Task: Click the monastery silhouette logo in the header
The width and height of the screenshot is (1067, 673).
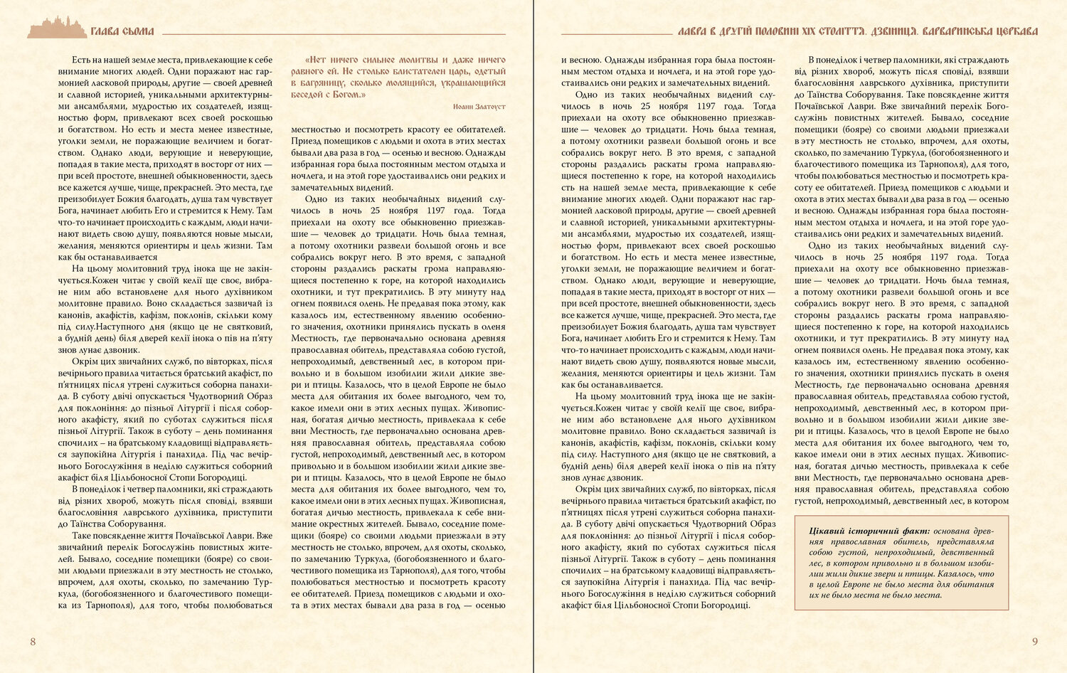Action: click(x=56, y=28)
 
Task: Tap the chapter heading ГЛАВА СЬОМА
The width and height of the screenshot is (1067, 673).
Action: click(x=122, y=32)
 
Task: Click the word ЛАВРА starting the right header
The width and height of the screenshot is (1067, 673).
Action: click(x=693, y=32)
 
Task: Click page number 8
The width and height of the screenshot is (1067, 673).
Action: click(x=33, y=642)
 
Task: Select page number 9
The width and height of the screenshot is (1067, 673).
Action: click(x=1035, y=642)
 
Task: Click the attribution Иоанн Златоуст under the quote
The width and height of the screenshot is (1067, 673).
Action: click(x=479, y=106)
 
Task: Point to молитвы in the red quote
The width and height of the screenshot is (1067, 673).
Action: click(x=412, y=60)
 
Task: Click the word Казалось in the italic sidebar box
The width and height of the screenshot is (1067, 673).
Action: click(x=954, y=573)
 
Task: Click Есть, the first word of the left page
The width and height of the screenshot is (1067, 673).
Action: click(x=83, y=60)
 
